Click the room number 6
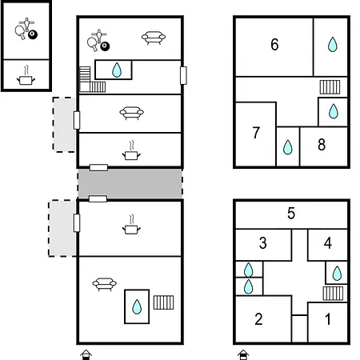274,45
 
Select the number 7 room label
256,133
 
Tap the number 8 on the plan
322,145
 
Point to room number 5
291,214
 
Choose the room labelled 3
263,243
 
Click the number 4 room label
328,243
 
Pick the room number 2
258,319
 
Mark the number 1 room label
328,319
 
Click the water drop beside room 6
333,44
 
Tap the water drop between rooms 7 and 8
288,147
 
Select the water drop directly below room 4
337,273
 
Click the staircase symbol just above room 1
333,294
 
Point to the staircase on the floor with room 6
330,87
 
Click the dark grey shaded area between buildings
130,183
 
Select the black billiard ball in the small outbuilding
33,34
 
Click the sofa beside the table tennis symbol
154,38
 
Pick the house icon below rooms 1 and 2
243,355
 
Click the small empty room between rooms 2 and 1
300,329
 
